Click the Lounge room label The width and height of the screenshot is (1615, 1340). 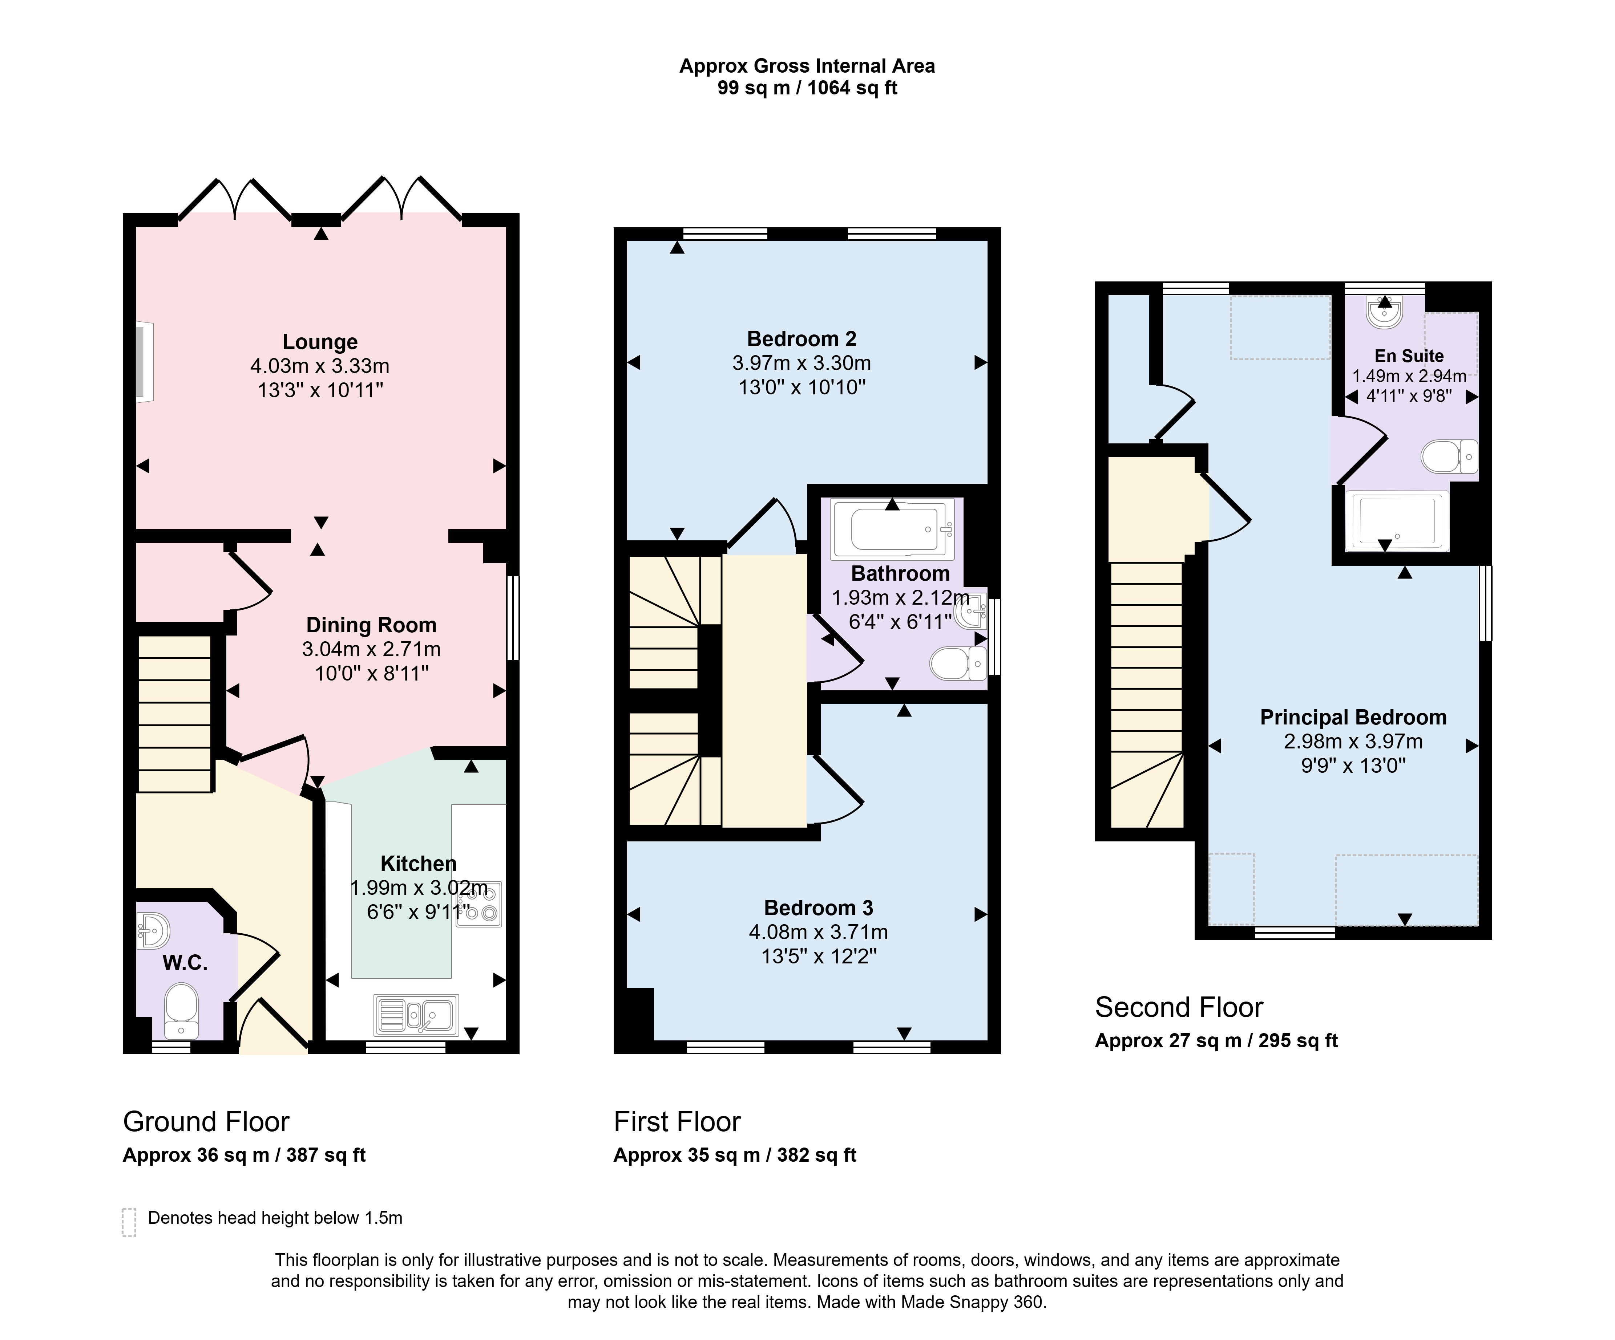(320, 342)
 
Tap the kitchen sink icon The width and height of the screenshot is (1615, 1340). (416, 1015)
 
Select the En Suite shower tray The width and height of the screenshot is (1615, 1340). (1397, 520)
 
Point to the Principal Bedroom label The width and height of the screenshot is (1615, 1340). (1353, 717)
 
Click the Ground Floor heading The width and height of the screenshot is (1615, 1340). (206, 1122)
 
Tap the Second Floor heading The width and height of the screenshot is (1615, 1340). (1179, 1007)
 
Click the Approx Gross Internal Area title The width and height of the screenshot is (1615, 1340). (807, 66)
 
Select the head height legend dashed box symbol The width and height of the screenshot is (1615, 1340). (129, 1222)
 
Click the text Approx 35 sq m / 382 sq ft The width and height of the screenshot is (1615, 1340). (734, 1155)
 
